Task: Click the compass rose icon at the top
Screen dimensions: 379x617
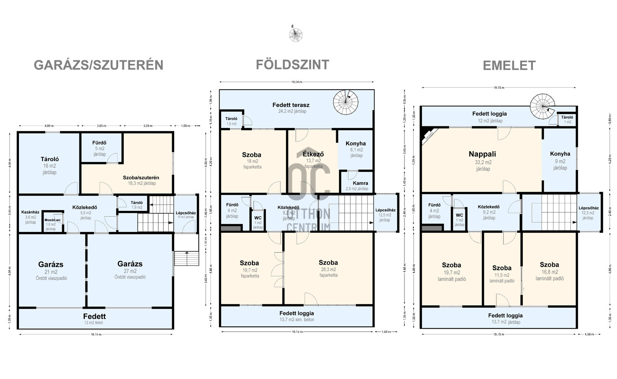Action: (295, 35)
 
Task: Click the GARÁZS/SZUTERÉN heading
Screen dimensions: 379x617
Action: (98, 65)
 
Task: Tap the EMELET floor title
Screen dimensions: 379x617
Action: (509, 66)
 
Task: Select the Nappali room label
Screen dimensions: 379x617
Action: (482, 154)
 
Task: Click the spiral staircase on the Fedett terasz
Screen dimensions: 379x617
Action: (346, 102)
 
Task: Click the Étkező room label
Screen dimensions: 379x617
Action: (313, 154)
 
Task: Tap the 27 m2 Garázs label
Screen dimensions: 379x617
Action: (130, 264)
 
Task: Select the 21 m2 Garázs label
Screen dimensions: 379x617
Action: (51, 265)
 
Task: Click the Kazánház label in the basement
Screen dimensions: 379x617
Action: (30, 212)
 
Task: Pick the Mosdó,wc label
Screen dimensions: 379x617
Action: (52, 220)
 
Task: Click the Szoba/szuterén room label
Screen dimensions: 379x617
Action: (141, 178)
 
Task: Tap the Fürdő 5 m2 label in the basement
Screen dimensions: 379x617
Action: (99, 143)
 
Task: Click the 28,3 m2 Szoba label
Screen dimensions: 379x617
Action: (328, 263)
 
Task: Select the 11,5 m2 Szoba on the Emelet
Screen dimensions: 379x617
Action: (501, 268)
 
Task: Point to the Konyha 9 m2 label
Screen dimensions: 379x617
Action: (560, 154)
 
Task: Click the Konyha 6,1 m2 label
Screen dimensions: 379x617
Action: (356, 144)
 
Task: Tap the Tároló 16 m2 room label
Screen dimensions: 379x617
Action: (50, 159)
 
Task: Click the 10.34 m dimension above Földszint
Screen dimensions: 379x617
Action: (296, 82)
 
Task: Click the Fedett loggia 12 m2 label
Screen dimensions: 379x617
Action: (489, 114)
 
